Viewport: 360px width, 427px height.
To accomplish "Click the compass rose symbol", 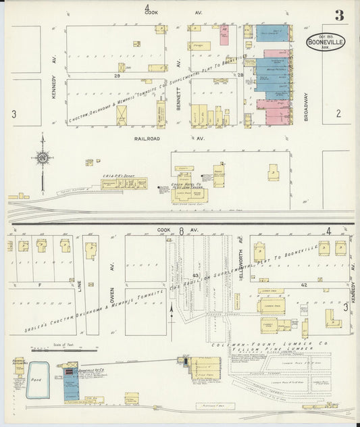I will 42,159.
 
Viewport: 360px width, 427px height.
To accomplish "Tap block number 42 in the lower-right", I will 304,286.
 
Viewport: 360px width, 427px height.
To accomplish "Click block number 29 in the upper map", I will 117,76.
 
